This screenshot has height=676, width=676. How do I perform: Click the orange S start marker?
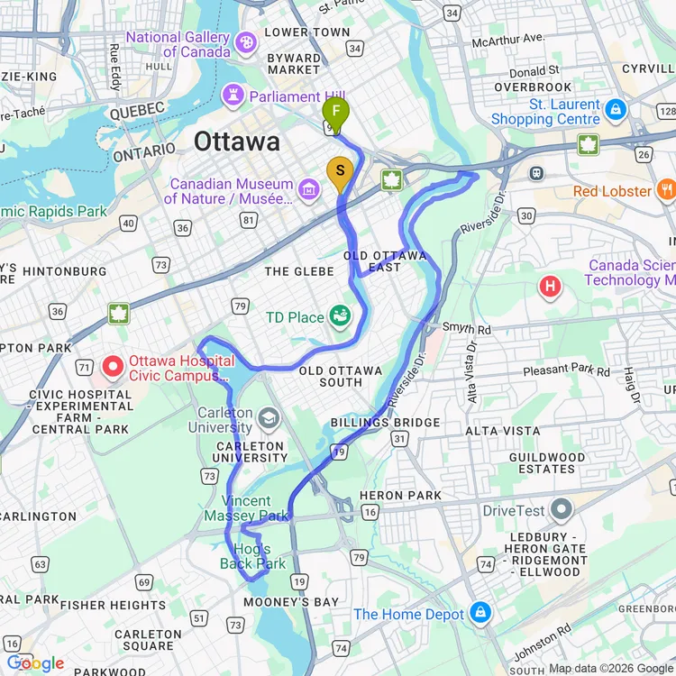pos(340,171)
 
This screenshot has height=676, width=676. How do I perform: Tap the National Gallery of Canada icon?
pos(245,43)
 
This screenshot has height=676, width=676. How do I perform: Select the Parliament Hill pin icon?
pos(235,96)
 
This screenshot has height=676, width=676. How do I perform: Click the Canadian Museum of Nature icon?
pos(309,188)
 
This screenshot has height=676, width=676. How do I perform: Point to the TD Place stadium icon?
pos(340,316)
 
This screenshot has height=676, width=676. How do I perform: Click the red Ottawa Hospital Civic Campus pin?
pos(114,366)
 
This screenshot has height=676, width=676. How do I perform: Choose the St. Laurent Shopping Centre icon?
pos(616,111)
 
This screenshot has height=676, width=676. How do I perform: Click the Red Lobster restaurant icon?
pos(666,190)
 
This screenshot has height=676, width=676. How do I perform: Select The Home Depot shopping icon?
pos(480,613)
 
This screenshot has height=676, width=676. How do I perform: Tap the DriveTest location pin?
pos(562,510)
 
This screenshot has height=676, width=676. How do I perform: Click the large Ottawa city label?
pos(237,142)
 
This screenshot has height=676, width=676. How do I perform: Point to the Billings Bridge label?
pos(385,423)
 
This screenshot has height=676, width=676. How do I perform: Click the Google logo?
pos(34,664)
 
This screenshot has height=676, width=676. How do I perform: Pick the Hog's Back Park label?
pos(253,556)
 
